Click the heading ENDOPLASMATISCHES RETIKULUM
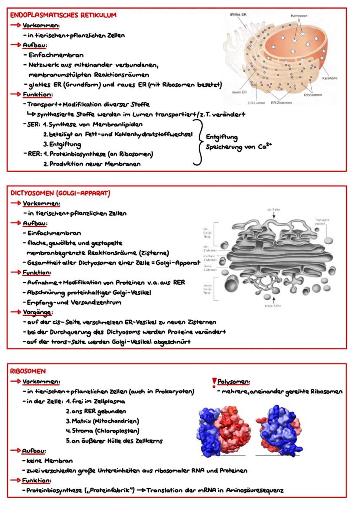(63, 15)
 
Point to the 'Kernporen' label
(299, 16)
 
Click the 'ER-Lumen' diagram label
(257, 103)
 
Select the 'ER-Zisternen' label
(281, 103)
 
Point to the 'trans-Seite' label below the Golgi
(273, 306)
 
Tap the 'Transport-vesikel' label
(323, 222)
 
